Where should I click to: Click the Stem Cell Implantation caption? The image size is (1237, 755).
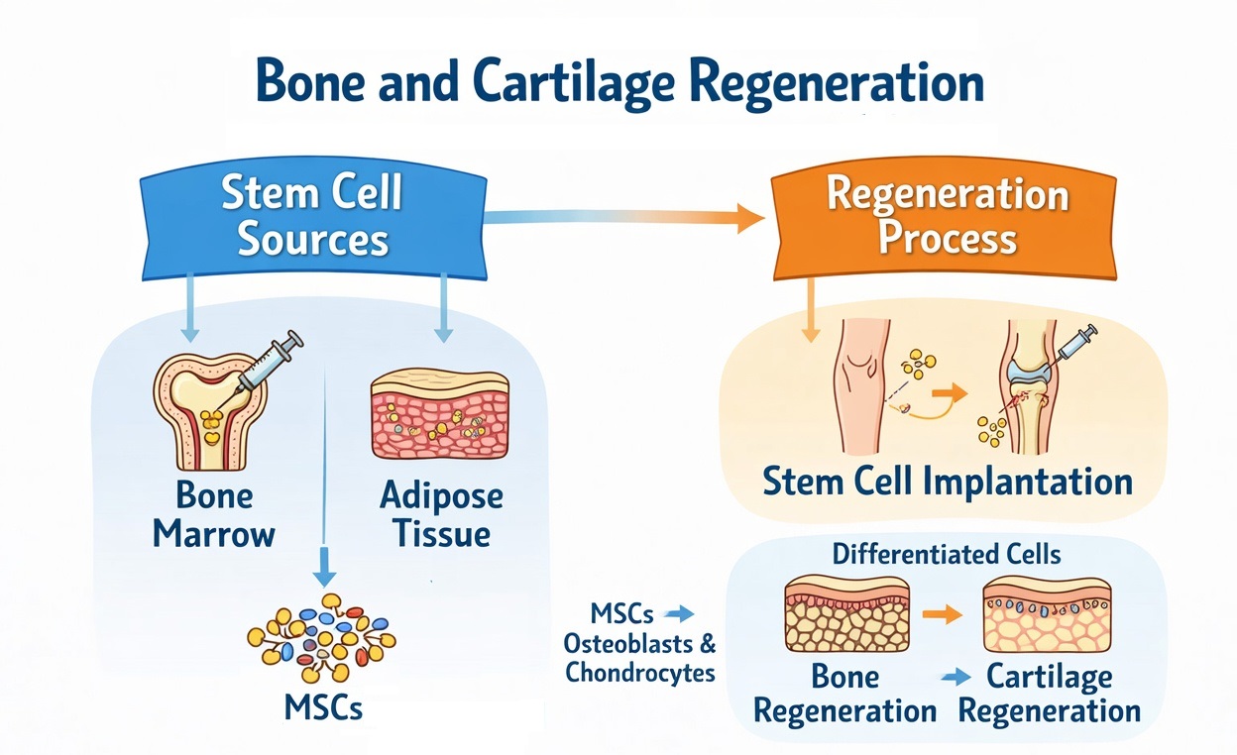(x=948, y=483)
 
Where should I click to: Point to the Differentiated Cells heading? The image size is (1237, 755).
(x=947, y=553)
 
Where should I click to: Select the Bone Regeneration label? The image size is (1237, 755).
(x=845, y=694)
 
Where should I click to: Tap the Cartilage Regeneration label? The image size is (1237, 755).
(x=1050, y=694)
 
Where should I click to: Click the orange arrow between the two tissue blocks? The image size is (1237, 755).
(x=947, y=614)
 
